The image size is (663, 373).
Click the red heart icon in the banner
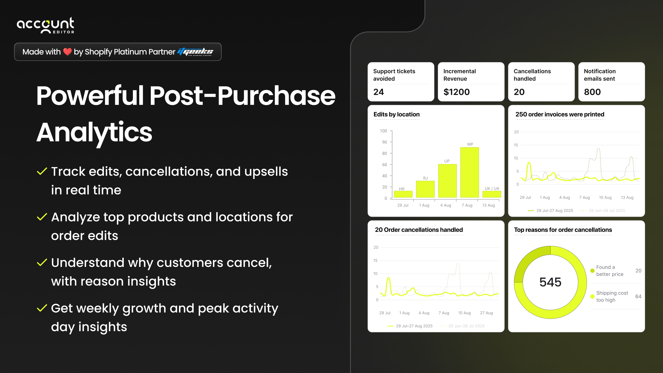(x=67, y=52)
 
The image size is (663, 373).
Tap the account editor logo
(x=46, y=25)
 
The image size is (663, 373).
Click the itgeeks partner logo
(x=195, y=52)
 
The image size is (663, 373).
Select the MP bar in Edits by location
(x=469, y=172)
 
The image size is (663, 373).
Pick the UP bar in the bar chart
(x=447, y=181)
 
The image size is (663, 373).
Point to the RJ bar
(x=425, y=189)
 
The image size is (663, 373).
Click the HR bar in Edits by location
(x=403, y=194)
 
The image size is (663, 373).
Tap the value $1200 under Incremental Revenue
(x=456, y=92)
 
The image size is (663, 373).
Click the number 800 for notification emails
(x=592, y=92)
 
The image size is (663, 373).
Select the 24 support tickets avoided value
(x=378, y=92)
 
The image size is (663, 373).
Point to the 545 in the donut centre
(x=550, y=282)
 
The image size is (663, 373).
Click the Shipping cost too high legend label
(x=612, y=296)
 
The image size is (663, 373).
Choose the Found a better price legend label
(x=610, y=271)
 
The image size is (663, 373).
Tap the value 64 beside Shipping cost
(x=638, y=296)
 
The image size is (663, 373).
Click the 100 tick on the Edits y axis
(x=383, y=131)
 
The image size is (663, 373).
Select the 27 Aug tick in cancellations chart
(x=486, y=313)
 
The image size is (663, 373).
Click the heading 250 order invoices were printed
(x=560, y=114)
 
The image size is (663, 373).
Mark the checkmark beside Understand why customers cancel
(x=42, y=262)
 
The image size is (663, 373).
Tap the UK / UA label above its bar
(x=492, y=188)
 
